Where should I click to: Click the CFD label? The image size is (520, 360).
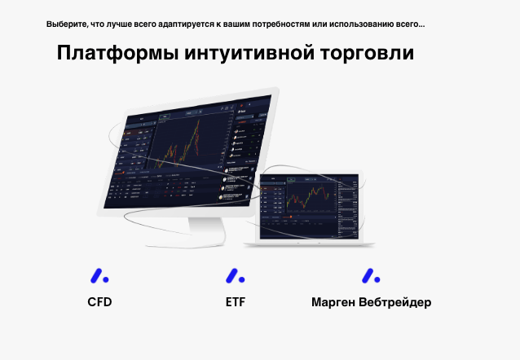pos(99,302)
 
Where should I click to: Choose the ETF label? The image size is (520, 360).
pos(236,302)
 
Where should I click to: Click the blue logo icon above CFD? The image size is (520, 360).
pos(99,275)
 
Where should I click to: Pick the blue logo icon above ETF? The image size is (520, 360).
pos(235,275)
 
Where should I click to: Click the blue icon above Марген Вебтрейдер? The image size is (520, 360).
pos(371,275)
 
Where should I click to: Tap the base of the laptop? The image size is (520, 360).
pos(314,243)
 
